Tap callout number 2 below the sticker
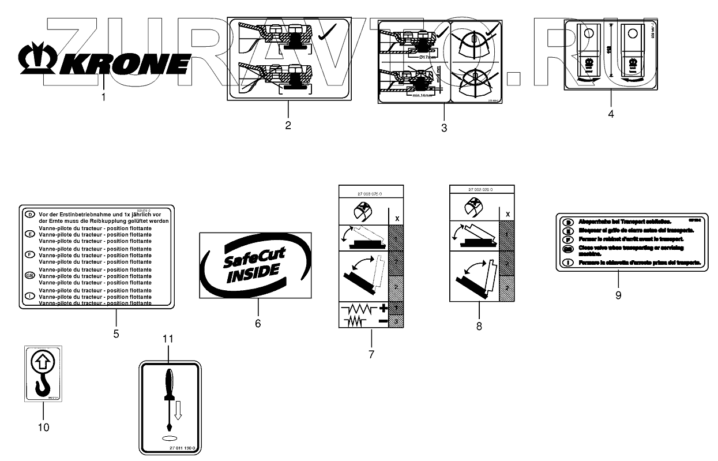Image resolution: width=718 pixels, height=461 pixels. [x=288, y=125]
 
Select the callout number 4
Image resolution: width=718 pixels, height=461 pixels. [x=611, y=114]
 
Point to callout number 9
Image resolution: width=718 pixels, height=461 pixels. [x=618, y=295]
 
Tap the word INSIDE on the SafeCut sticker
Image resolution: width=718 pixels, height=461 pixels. [x=254, y=273]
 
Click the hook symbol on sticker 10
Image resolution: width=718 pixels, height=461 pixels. [x=43, y=386]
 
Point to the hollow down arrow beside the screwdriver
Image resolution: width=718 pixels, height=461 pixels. [x=178, y=410]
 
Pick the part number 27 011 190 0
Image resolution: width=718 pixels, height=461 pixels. [x=183, y=448]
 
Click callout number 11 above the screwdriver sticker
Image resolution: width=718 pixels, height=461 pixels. [x=168, y=339]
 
